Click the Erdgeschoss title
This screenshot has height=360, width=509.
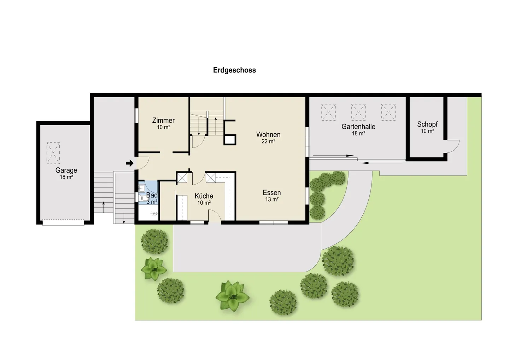coord(234,70)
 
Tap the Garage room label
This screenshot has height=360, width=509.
coord(66,170)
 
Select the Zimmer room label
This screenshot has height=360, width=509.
coord(163,121)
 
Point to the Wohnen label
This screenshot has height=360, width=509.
coord(268,135)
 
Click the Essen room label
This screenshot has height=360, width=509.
coord(271,193)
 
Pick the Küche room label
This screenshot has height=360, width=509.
coord(204,196)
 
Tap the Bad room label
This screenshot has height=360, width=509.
coord(152,195)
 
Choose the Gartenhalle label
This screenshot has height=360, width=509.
coord(358,127)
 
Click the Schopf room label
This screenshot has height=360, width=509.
coord(427,124)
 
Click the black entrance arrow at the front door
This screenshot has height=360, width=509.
coord(130,163)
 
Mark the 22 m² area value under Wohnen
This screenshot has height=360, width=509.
coord(268,141)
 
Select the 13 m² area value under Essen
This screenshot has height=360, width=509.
coord(272,199)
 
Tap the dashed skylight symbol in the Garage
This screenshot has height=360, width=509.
coord(53,153)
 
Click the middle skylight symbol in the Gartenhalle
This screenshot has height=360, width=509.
coord(358,112)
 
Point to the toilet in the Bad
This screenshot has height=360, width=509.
coord(141,197)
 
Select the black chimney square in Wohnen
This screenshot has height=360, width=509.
coord(230,140)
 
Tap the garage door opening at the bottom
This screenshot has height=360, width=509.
coord(63,222)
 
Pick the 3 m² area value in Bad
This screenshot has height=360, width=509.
coord(152,202)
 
